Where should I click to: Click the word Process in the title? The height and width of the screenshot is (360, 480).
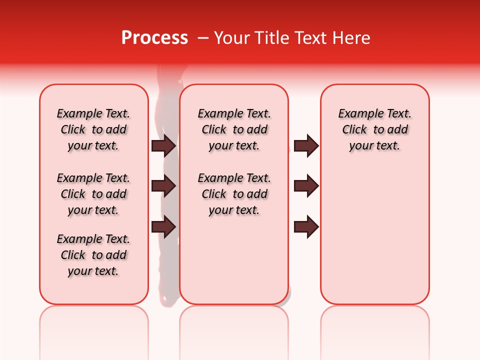154,38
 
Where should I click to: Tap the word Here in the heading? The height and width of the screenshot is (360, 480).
351,38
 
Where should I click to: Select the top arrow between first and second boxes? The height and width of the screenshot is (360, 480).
163,146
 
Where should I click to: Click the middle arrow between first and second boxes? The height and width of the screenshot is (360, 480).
163,186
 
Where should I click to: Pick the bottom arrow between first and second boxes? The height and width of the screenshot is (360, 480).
163,226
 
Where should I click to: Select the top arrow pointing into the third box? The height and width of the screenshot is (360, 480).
306,146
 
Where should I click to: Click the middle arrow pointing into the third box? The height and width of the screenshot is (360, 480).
306,186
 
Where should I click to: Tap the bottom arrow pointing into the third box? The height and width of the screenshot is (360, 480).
306,226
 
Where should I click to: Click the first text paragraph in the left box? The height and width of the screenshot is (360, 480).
93,129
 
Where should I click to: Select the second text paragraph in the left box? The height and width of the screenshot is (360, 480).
93,194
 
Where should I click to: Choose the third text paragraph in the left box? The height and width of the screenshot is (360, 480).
93,255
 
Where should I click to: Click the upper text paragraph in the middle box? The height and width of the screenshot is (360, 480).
234,129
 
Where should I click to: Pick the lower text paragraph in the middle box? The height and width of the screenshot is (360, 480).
234,194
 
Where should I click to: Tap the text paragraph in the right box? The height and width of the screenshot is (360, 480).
375,129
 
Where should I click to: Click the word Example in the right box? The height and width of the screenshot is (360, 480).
356,114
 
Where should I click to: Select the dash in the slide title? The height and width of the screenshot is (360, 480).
203,38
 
